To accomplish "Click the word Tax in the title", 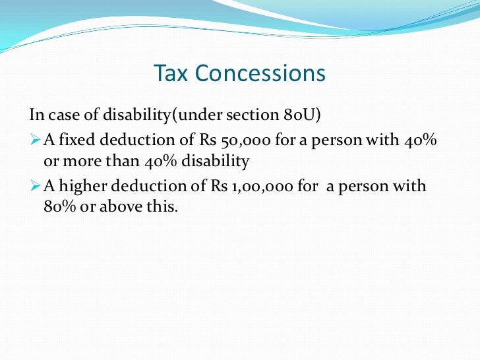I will [169, 73].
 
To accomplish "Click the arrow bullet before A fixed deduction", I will [36, 140].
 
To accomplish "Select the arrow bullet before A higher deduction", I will [36, 187].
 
